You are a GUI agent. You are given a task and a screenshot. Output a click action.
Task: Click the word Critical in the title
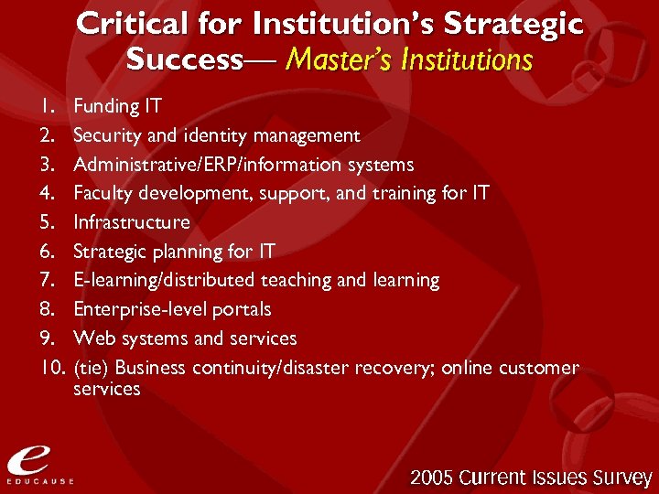pos(129,24)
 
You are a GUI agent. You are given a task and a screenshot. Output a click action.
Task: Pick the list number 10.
pos(49,368)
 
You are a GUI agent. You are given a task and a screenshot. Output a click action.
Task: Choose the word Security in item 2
pos(107,135)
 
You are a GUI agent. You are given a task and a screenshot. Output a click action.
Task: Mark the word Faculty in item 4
pos(103,194)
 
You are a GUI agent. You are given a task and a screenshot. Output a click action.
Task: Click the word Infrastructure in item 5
pos(132,222)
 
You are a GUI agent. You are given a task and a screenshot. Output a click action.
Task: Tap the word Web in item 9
pos(91,338)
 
